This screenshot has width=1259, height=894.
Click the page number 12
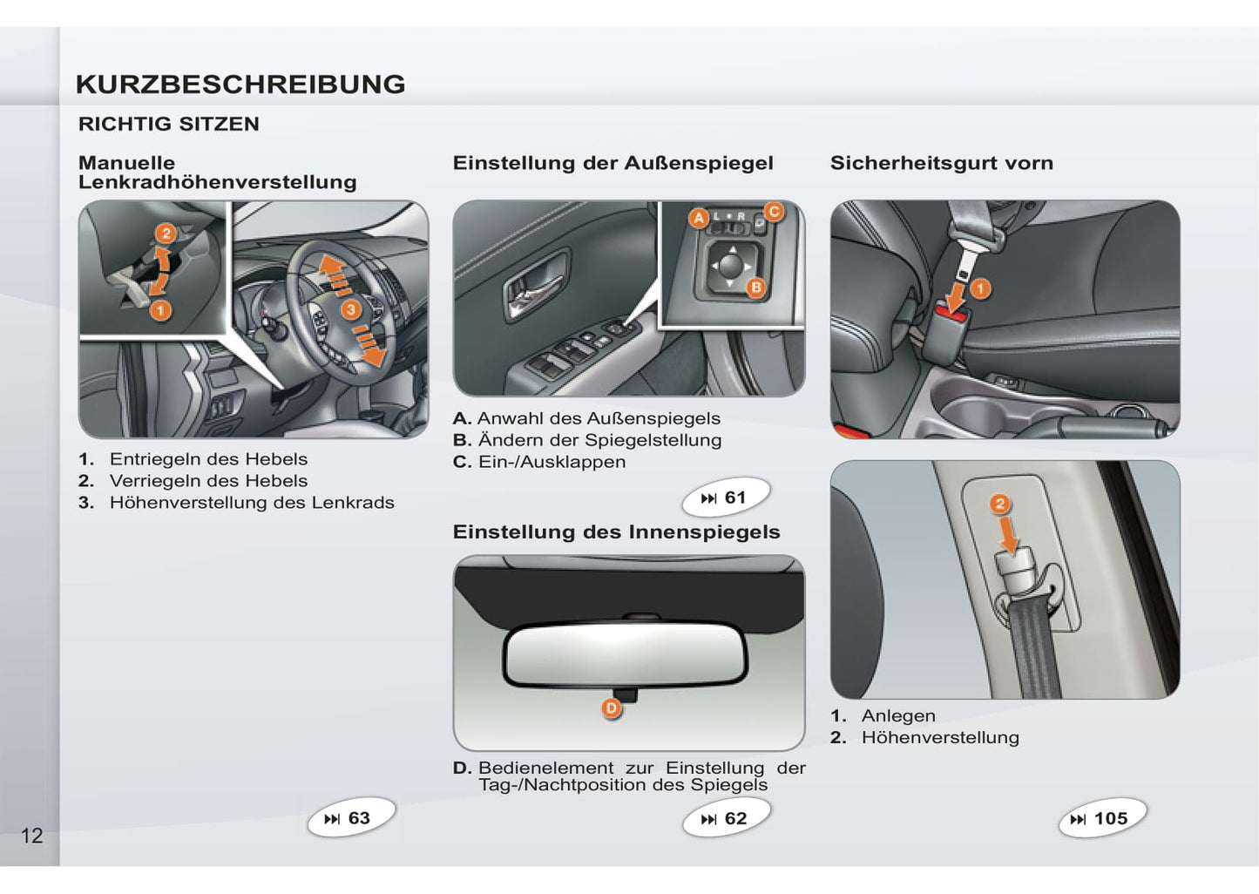(x=32, y=836)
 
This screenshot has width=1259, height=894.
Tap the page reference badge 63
(x=351, y=817)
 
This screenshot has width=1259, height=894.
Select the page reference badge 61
(x=726, y=497)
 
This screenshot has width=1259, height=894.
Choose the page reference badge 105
(x=1102, y=818)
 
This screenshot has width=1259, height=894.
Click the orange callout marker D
(x=611, y=708)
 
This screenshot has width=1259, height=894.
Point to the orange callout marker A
(x=699, y=218)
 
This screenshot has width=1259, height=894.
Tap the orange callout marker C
(x=774, y=212)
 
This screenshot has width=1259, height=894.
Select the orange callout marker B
(x=756, y=288)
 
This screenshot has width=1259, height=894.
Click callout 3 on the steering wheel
(x=351, y=309)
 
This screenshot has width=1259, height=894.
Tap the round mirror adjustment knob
(x=730, y=266)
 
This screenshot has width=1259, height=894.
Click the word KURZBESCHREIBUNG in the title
(x=240, y=85)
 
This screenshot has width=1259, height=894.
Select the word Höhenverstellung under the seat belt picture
(x=940, y=737)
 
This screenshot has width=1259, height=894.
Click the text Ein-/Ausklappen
(x=552, y=462)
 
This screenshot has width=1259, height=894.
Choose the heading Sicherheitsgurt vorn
(x=942, y=163)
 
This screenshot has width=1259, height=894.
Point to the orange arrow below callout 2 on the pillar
(x=1010, y=534)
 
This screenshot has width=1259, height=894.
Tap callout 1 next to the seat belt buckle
(x=981, y=289)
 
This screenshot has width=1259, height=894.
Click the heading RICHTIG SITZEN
(x=169, y=124)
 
